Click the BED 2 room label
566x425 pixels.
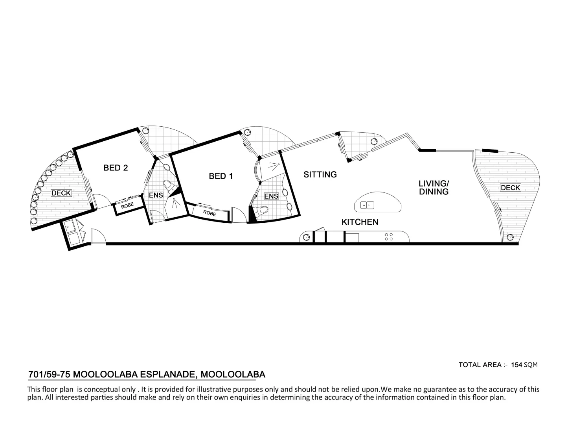(x=116, y=168)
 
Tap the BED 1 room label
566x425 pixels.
(x=221, y=176)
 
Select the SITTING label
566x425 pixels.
(x=320, y=174)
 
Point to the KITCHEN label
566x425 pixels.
(x=360, y=222)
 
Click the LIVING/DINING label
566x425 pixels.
(x=434, y=188)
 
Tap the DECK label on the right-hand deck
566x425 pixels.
(x=510, y=188)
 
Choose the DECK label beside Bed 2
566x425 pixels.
(x=61, y=193)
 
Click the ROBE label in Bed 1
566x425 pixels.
(x=209, y=213)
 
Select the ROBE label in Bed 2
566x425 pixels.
(x=127, y=205)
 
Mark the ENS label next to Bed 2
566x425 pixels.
(x=156, y=195)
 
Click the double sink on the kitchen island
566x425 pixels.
(x=368, y=205)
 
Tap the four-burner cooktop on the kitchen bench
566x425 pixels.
(x=389, y=237)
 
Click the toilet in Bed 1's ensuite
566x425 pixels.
(x=261, y=210)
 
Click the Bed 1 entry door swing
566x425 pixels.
(x=238, y=215)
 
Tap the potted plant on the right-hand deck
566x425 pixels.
(x=510, y=237)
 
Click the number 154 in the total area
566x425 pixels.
(x=516, y=365)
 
